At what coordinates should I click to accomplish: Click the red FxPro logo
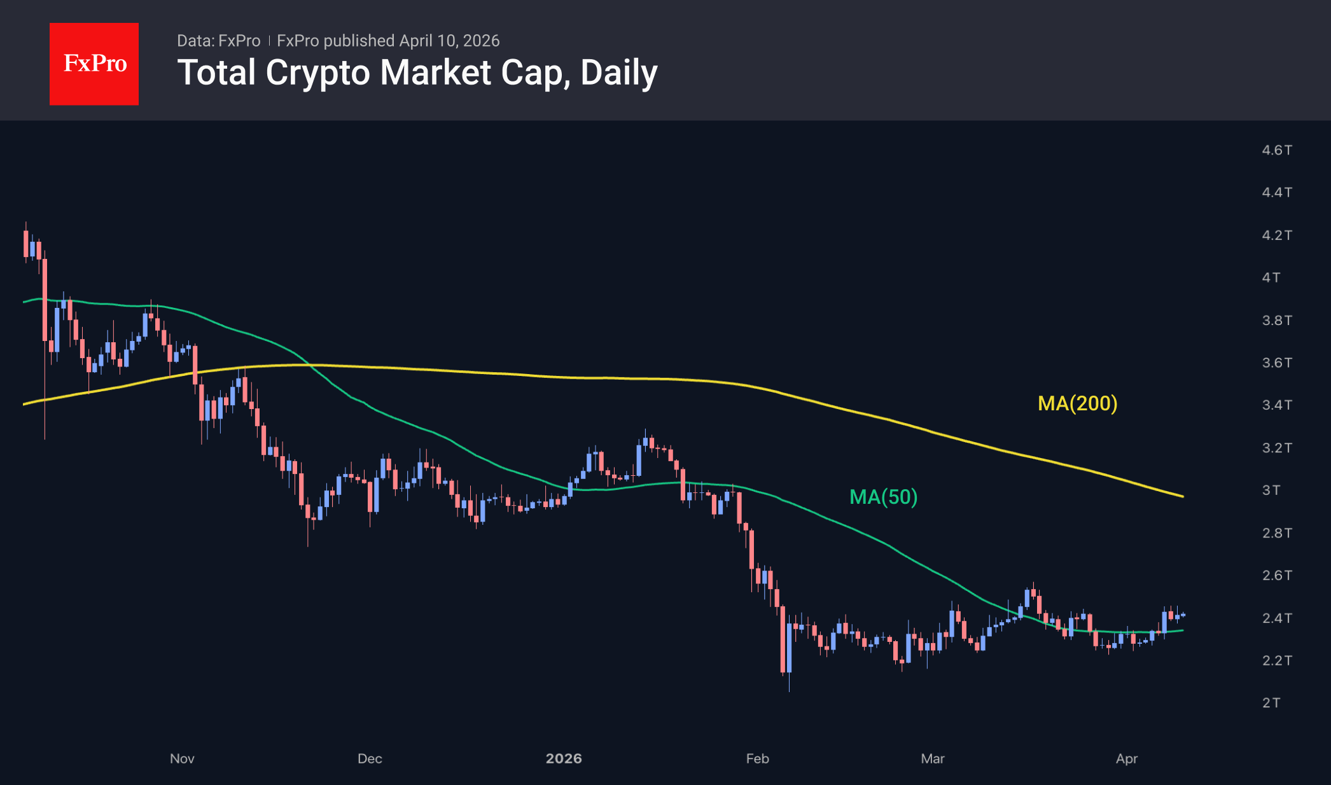point(94,64)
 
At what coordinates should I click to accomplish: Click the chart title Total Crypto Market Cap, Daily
point(417,73)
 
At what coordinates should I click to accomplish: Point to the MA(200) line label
point(1077,403)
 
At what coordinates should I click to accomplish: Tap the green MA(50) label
point(883,497)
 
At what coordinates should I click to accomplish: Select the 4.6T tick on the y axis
point(1276,150)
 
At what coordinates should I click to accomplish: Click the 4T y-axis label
point(1271,277)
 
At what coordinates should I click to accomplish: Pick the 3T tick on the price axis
point(1271,490)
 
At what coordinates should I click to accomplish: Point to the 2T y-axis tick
point(1271,703)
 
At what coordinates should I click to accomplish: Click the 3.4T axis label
point(1276,405)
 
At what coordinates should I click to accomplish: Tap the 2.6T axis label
point(1276,576)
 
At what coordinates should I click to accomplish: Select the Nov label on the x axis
point(182,758)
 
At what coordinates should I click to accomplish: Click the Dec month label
point(370,758)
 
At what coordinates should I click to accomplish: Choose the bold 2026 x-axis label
point(564,758)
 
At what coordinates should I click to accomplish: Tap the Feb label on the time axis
point(757,758)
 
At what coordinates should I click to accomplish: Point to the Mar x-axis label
point(933,758)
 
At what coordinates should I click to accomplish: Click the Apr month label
point(1127,758)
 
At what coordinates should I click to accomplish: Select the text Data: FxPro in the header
point(218,41)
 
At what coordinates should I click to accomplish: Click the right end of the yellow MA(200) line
point(1182,496)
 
